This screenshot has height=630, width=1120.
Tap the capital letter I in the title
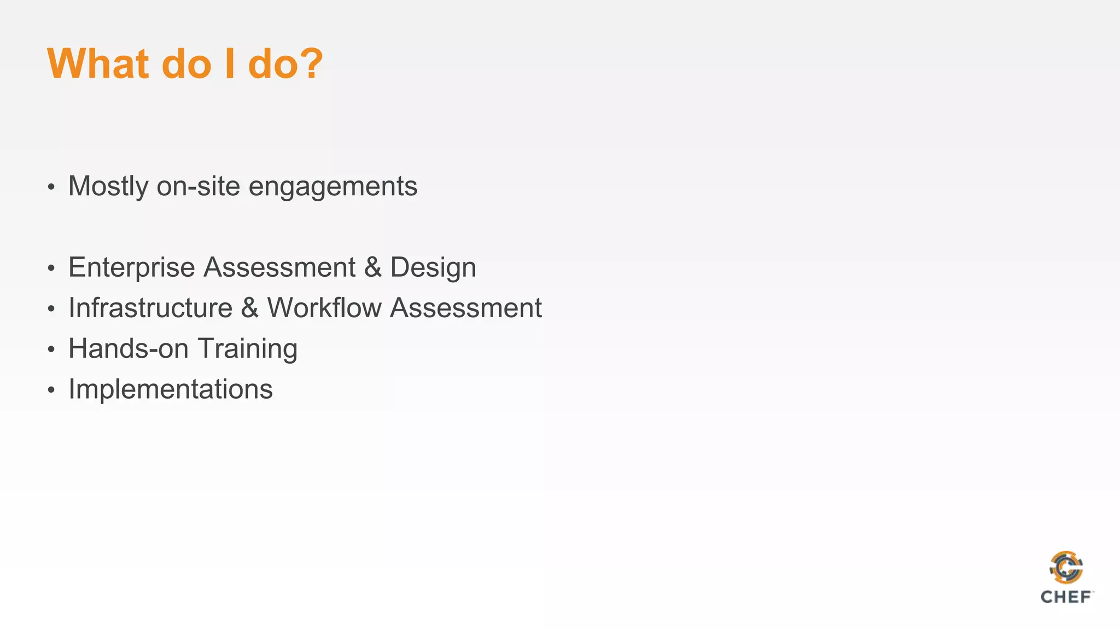(230, 64)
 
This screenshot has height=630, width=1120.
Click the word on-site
(199, 186)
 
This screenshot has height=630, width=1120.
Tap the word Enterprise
(131, 268)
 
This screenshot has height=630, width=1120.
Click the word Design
(433, 268)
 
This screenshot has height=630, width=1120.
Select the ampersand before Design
(372, 268)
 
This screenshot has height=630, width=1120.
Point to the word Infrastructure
(150, 308)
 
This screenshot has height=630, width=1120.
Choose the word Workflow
(324, 308)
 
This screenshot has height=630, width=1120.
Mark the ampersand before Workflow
(249, 308)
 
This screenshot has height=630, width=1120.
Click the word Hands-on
(129, 349)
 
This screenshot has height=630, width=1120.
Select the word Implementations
(171, 389)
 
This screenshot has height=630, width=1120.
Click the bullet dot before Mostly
(51, 188)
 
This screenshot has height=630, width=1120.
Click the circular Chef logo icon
(1066, 568)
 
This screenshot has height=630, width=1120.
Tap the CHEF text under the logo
(1066, 597)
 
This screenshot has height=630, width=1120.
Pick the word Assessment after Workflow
(466, 308)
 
